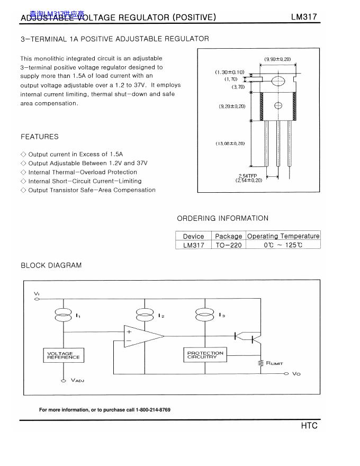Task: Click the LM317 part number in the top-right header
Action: tap(304, 17)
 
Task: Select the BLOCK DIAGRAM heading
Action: tap(51, 265)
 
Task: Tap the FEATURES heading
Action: tap(40, 137)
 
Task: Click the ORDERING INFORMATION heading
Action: tap(222, 218)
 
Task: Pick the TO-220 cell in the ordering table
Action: tap(228, 245)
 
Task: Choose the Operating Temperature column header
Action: tap(283, 236)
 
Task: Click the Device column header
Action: tap(193, 236)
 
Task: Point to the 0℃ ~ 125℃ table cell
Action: tap(283, 245)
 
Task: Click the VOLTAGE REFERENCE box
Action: tap(64, 356)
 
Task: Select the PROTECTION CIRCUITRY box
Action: tap(205, 355)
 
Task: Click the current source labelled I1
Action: tap(64, 315)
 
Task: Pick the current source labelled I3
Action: tap(204, 315)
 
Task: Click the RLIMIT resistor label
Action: tap(274, 363)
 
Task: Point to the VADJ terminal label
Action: tap(77, 380)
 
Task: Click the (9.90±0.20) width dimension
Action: tap(277, 59)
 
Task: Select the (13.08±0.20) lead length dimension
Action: tap(230, 144)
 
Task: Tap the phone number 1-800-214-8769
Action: tap(153, 410)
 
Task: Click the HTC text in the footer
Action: tap(309, 426)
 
